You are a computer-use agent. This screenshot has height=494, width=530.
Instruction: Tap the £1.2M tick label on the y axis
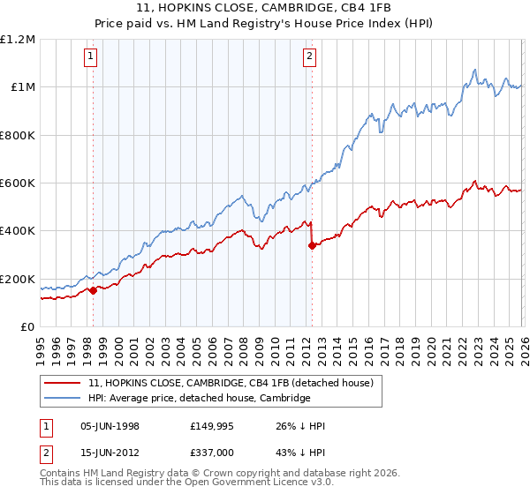click(18, 40)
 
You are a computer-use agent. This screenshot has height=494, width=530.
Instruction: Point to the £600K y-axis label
click(18, 183)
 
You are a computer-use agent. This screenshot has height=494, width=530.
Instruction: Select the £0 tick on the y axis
click(27, 327)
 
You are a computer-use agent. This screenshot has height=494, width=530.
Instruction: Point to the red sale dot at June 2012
click(312, 246)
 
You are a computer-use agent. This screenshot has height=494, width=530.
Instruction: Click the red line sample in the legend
click(64, 383)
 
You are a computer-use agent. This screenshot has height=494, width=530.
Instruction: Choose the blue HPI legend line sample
click(64, 399)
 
